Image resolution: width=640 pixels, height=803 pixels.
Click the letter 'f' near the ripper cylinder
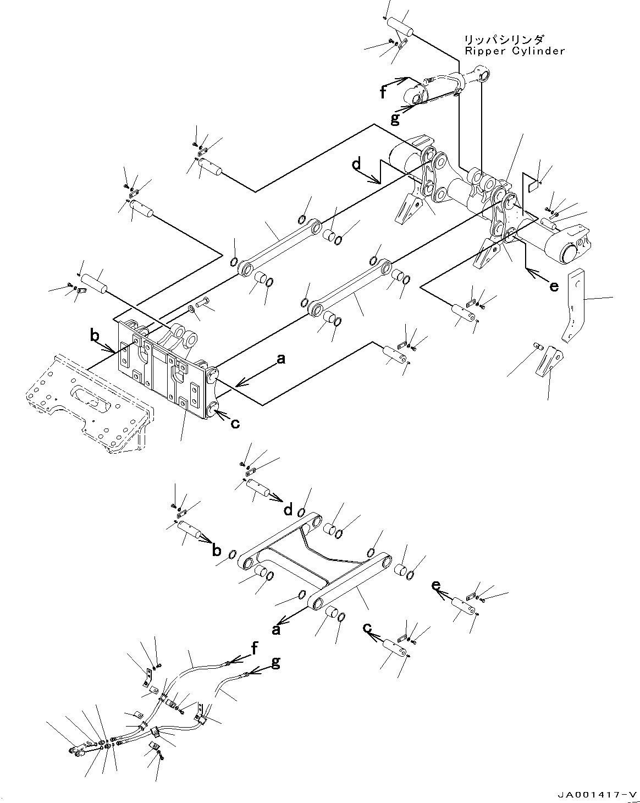tap(383, 93)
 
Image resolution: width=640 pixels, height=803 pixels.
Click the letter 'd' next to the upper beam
tap(357, 164)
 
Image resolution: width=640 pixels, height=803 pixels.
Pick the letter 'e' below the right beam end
tap(554, 286)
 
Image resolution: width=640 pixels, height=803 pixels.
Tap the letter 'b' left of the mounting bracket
tap(95, 335)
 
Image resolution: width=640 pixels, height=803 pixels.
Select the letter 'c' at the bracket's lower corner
tap(235, 424)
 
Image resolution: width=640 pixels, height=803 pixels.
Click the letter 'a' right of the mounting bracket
tap(281, 360)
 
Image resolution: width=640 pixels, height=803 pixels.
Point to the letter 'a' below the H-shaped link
tap(276, 629)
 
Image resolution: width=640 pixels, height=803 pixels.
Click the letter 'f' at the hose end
tap(255, 649)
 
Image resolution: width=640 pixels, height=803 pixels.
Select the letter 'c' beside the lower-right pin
tap(367, 628)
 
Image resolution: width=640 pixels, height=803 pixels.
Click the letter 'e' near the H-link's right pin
tap(436, 585)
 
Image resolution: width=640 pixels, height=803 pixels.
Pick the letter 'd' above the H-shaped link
tap(288, 510)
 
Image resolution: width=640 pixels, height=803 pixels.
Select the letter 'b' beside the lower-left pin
tap(216, 550)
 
